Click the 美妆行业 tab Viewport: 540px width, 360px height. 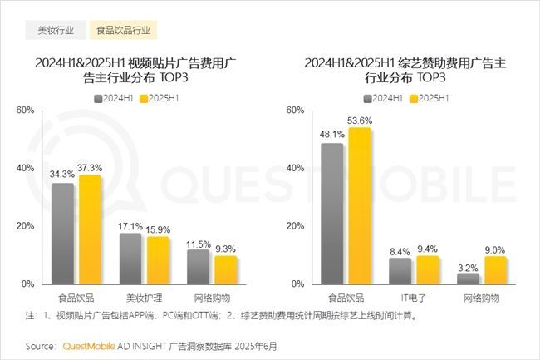[x=56, y=31]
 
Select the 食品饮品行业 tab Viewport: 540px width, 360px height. [x=123, y=31]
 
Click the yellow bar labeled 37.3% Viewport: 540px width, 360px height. [x=90, y=229]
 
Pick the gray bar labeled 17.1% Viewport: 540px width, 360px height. [x=130, y=258]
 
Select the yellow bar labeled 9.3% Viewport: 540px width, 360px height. [x=226, y=269]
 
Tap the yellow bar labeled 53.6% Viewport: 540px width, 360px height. [x=360, y=205]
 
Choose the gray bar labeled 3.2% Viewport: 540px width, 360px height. [x=468, y=279]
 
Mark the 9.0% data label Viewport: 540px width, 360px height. [x=495, y=248]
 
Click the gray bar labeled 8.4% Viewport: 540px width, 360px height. [x=400, y=271]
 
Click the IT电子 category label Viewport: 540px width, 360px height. [x=414, y=297]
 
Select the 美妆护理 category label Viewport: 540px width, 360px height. [x=144, y=297]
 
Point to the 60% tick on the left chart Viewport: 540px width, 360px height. [x=25, y=111]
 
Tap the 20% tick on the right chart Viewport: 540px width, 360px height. [x=292, y=226]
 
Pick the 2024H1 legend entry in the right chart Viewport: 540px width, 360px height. [x=385, y=97]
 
